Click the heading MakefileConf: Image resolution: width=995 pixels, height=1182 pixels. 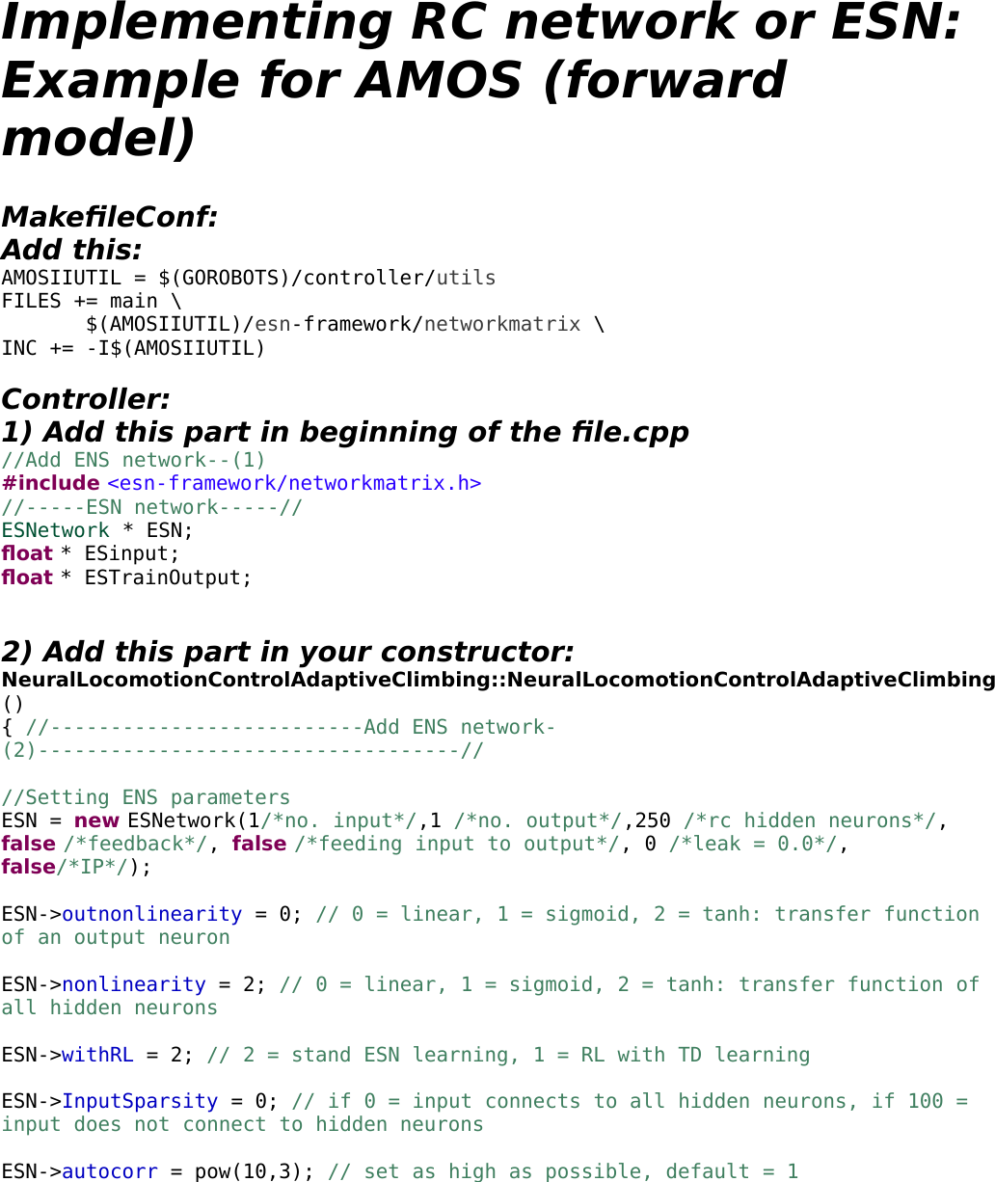[x=109, y=217]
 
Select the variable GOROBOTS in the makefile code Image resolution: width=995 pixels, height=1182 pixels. [x=229, y=278]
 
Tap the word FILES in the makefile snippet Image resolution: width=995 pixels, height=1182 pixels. [x=32, y=301]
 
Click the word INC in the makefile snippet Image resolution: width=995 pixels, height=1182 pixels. [x=19, y=348]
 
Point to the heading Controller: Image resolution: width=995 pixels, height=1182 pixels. [x=86, y=399]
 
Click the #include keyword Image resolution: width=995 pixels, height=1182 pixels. [x=50, y=483]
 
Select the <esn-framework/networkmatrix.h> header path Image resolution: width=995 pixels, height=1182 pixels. [x=294, y=483]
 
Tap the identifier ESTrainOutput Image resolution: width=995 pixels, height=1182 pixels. [x=168, y=578]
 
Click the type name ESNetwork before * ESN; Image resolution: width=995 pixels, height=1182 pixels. [x=56, y=530]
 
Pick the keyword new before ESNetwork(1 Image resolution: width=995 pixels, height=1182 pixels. [x=96, y=820]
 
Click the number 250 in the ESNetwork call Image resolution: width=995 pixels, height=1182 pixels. [x=653, y=820]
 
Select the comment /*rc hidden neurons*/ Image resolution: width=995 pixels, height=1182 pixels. [x=810, y=820]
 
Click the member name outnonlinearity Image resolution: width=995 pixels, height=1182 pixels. [x=151, y=914]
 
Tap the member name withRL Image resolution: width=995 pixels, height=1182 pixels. [x=97, y=1055]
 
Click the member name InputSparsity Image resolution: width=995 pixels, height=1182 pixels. [x=140, y=1101]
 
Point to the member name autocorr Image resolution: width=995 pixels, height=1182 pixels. [x=109, y=1171]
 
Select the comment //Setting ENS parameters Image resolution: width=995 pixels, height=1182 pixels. [x=146, y=797]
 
